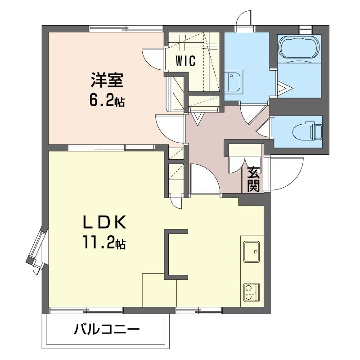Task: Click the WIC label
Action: [185, 61]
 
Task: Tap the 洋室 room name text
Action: [107, 80]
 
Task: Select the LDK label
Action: [104, 222]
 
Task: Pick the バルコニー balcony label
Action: [107, 330]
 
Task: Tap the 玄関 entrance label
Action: [253, 179]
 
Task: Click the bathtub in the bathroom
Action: [299, 48]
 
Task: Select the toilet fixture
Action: [308, 132]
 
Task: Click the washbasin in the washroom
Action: [233, 81]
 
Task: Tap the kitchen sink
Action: [252, 252]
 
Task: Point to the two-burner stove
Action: [252, 292]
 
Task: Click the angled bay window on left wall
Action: [37, 248]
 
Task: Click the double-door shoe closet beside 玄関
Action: [244, 158]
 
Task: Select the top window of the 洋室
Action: [126, 29]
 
